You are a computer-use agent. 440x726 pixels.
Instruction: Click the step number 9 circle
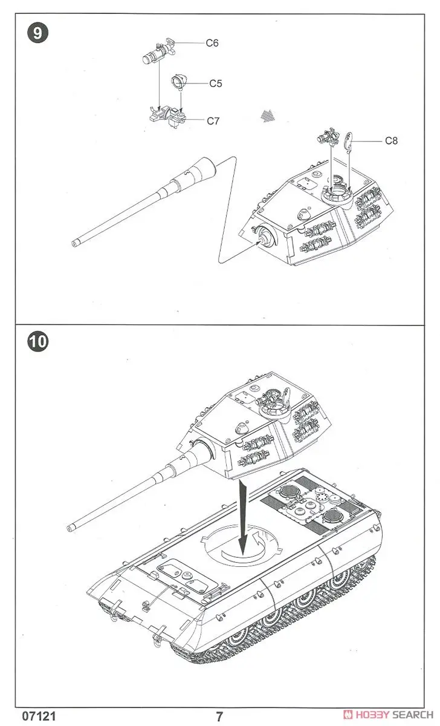pyautogui.click(x=37, y=33)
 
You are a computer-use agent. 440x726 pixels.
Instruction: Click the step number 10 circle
pyautogui.click(x=37, y=341)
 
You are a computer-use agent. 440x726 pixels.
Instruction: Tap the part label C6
pyautogui.click(x=212, y=43)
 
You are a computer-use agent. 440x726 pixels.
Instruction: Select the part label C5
pyautogui.click(x=216, y=83)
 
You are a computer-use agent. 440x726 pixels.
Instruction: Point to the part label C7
pyautogui.click(x=213, y=121)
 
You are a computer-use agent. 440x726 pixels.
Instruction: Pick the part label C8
pyautogui.click(x=392, y=141)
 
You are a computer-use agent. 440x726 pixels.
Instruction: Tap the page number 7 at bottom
pyautogui.click(x=219, y=717)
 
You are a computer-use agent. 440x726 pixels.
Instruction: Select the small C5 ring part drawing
pyautogui.click(x=180, y=81)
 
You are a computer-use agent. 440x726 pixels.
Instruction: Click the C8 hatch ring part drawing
pyautogui.click(x=349, y=142)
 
